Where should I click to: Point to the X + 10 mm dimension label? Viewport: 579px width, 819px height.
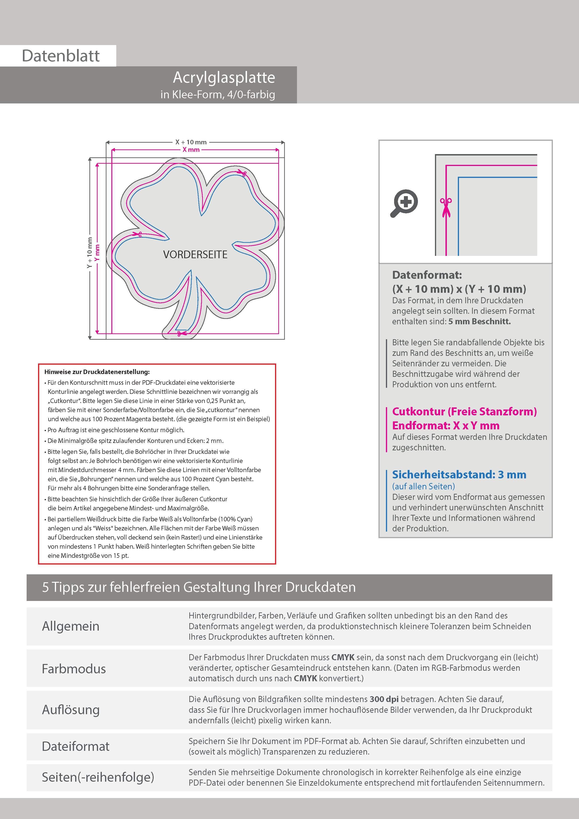tap(191, 142)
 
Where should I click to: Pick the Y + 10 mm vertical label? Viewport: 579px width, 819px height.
tap(90, 253)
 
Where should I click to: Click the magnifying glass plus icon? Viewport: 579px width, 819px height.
tap(404, 203)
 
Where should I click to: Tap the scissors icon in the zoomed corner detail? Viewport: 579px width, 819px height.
tap(446, 207)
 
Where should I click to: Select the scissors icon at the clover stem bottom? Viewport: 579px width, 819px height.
tap(182, 334)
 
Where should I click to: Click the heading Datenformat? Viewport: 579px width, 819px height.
tap(427, 275)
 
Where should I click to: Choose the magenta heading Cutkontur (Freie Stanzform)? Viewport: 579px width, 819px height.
tap(464, 411)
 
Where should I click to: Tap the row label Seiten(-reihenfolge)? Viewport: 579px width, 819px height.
tap(98, 777)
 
